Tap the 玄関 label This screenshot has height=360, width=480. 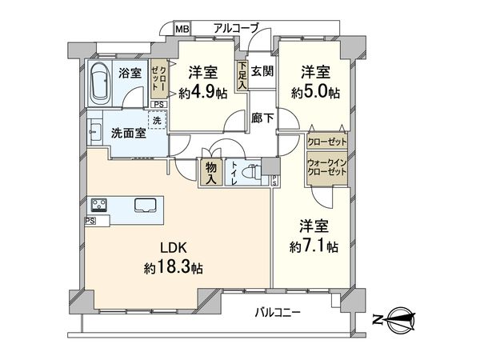(263, 72)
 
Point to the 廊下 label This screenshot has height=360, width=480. (262, 118)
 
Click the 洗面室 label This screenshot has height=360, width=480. (128, 134)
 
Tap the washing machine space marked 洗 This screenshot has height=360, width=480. (157, 120)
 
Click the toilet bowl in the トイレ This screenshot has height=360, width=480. (251, 171)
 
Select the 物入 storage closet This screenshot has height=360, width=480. (211, 173)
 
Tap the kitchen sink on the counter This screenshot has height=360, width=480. (146, 204)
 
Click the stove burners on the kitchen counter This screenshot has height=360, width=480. (99, 203)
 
